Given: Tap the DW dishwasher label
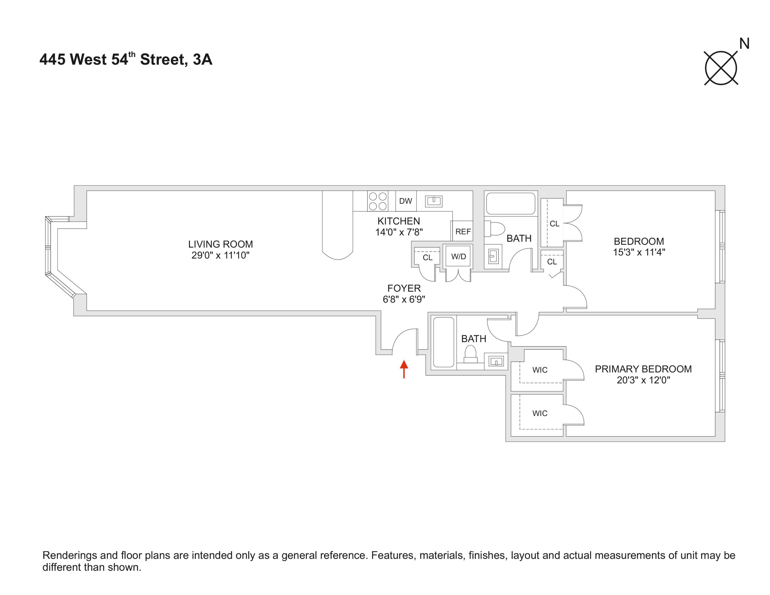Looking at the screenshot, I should (x=406, y=201).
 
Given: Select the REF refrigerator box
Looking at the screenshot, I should (x=463, y=231).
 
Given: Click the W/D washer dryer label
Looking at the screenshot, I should (x=458, y=257).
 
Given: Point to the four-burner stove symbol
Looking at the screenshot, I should (x=378, y=201).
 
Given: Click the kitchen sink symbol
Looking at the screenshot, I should (x=433, y=201).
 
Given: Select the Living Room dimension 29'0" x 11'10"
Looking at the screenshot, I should (x=220, y=255).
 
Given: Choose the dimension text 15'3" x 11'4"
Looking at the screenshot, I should (x=639, y=252).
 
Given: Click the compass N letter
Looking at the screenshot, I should (x=744, y=44).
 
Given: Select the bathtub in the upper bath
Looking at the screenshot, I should (x=510, y=203).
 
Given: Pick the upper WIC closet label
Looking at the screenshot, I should (x=540, y=370).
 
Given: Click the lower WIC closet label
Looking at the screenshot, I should (x=540, y=413).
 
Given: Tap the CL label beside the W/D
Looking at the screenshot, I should (x=427, y=258).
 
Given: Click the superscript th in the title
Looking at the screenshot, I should (x=132, y=54).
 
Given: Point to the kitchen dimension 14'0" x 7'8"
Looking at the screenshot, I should (x=399, y=232).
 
